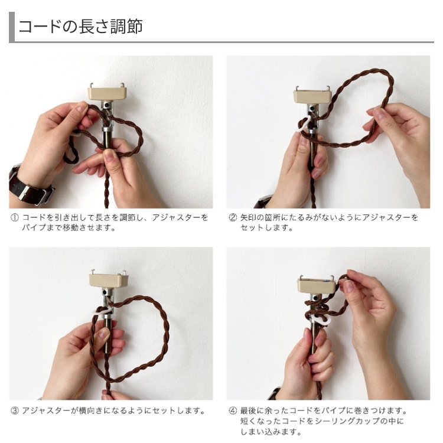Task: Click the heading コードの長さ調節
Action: (x=80, y=27)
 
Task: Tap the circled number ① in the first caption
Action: (x=14, y=218)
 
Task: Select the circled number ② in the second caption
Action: (x=233, y=218)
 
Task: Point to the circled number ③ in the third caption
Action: (x=14, y=411)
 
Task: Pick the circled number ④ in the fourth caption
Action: (x=233, y=411)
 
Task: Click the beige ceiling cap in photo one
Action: (x=107, y=93)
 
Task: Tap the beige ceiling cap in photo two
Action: (x=312, y=96)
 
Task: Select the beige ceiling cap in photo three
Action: (x=109, y=280)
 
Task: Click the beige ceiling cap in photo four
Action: (x=317, y=285)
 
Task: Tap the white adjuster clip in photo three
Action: (x=102, y=311)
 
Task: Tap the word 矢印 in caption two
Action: (x=248, y=218)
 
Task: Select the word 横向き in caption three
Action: (x=90, y=411)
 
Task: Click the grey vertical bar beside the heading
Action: (x=12, y=27)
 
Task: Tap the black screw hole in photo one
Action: (x=108, y=105)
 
